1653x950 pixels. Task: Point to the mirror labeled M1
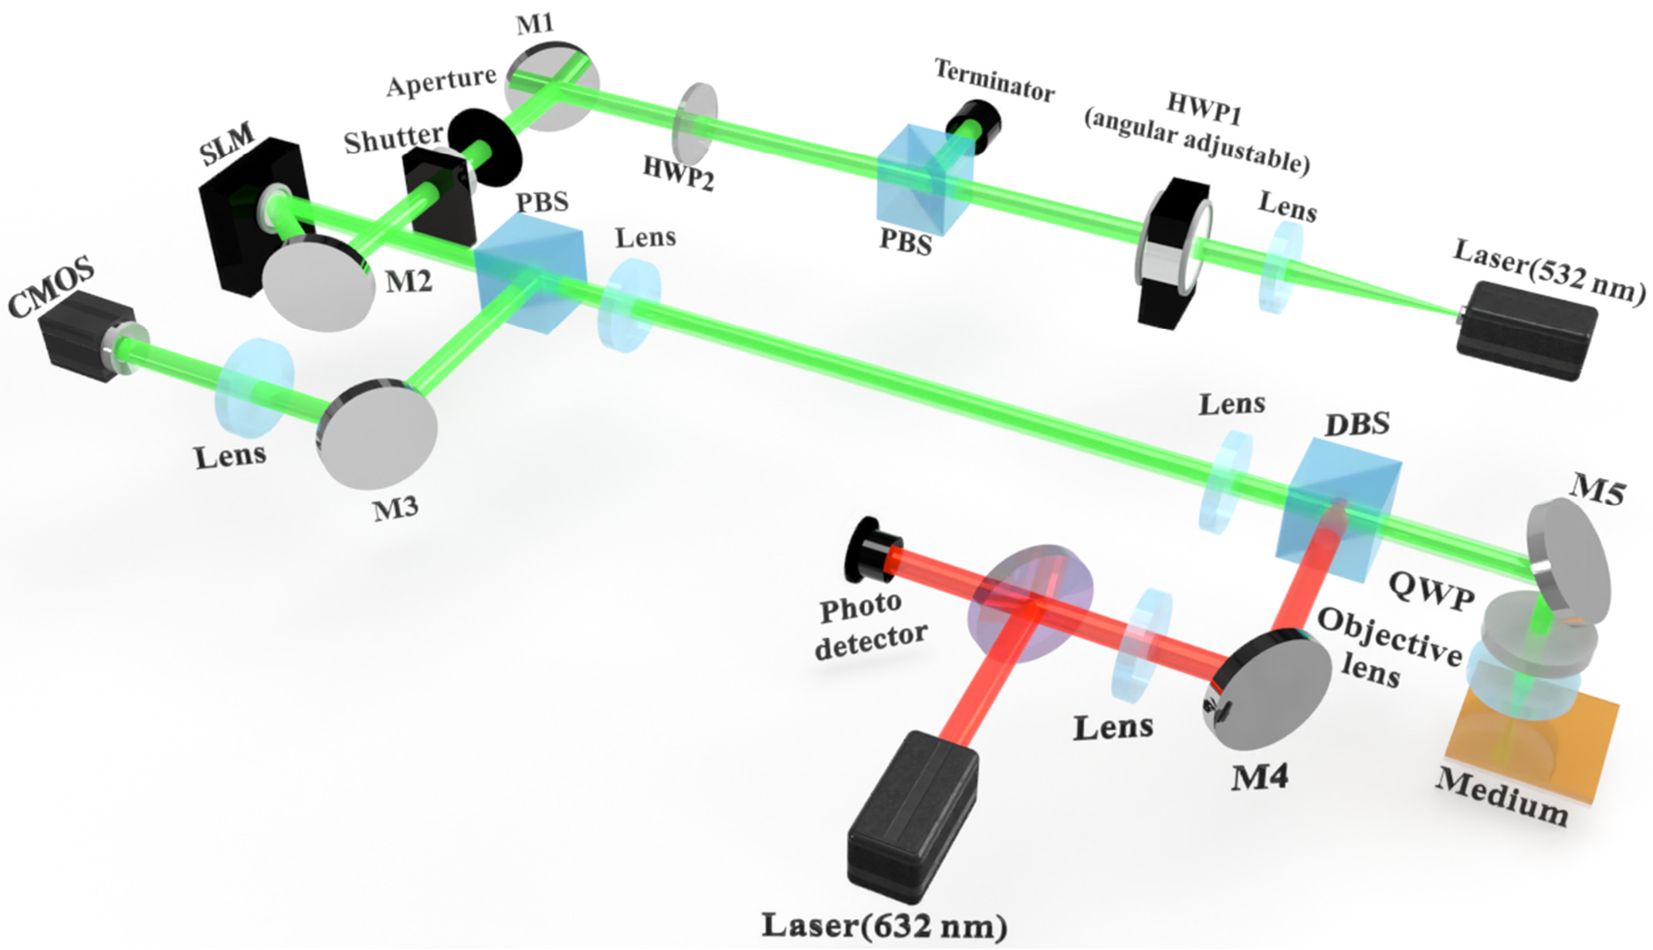pyautogui.click(x=550, y=86)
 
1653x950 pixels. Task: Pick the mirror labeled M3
pyautogui.click(x=378, y=433)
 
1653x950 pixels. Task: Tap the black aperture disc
pyautogui.click(x=485, y=147)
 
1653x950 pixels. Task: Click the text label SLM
pyautogui.click(x=226, y=145)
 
